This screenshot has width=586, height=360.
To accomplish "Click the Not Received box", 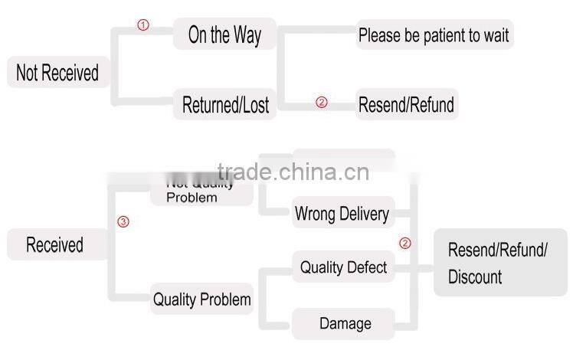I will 57,74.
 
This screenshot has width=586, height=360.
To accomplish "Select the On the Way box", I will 224,35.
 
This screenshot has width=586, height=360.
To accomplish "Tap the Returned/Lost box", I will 225,105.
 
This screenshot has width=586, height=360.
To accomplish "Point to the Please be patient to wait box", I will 434,35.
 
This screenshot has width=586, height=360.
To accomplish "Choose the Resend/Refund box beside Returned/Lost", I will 407,105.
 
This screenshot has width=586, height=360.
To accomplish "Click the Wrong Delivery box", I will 342,214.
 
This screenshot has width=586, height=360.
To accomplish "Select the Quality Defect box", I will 343,267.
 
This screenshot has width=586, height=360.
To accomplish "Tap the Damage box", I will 344,323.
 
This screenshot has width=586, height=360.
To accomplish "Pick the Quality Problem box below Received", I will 202,299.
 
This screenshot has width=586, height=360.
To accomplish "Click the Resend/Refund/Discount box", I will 499,263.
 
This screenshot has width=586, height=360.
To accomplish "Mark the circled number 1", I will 142,25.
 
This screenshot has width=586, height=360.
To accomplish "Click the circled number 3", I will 123,222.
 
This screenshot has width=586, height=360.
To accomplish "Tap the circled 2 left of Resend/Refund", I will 321,103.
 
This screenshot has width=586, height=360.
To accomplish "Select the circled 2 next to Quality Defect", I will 405,244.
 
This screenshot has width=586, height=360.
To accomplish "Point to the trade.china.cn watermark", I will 293,172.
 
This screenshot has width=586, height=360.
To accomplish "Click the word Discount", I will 475,277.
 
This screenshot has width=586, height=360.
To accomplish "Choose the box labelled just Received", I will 54,245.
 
